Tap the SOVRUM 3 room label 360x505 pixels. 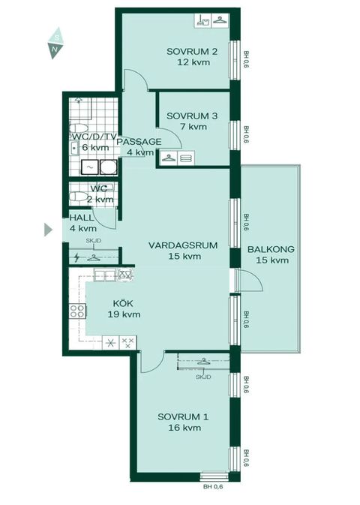192,116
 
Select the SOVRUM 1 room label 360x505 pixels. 183,416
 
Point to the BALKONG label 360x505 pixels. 270,250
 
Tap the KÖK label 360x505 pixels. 121,304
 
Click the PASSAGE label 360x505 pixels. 138,142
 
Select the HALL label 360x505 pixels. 81,218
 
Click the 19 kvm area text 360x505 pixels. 125,314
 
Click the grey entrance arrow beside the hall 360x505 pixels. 49,229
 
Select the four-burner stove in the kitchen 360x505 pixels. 76,309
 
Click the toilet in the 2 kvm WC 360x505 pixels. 76,197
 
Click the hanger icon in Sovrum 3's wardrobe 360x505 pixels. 168,158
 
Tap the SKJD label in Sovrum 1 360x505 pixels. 202,377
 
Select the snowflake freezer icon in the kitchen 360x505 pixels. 111,344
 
